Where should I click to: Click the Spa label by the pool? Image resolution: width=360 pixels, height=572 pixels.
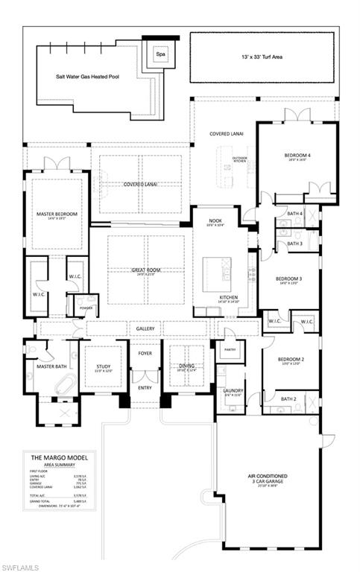(x=160, y=54)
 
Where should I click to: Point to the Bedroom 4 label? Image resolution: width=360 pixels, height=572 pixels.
(x=295, y=156)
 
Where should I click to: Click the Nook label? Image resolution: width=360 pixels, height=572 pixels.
(x=215, y=220)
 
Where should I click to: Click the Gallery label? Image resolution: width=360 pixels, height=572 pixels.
(x=145, y=328)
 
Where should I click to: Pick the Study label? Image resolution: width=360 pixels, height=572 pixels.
(x=103, y=366)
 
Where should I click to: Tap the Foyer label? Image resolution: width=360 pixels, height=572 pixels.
(x=145, y=353)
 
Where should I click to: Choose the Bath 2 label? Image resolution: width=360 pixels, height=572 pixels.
(x=288, y=399)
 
